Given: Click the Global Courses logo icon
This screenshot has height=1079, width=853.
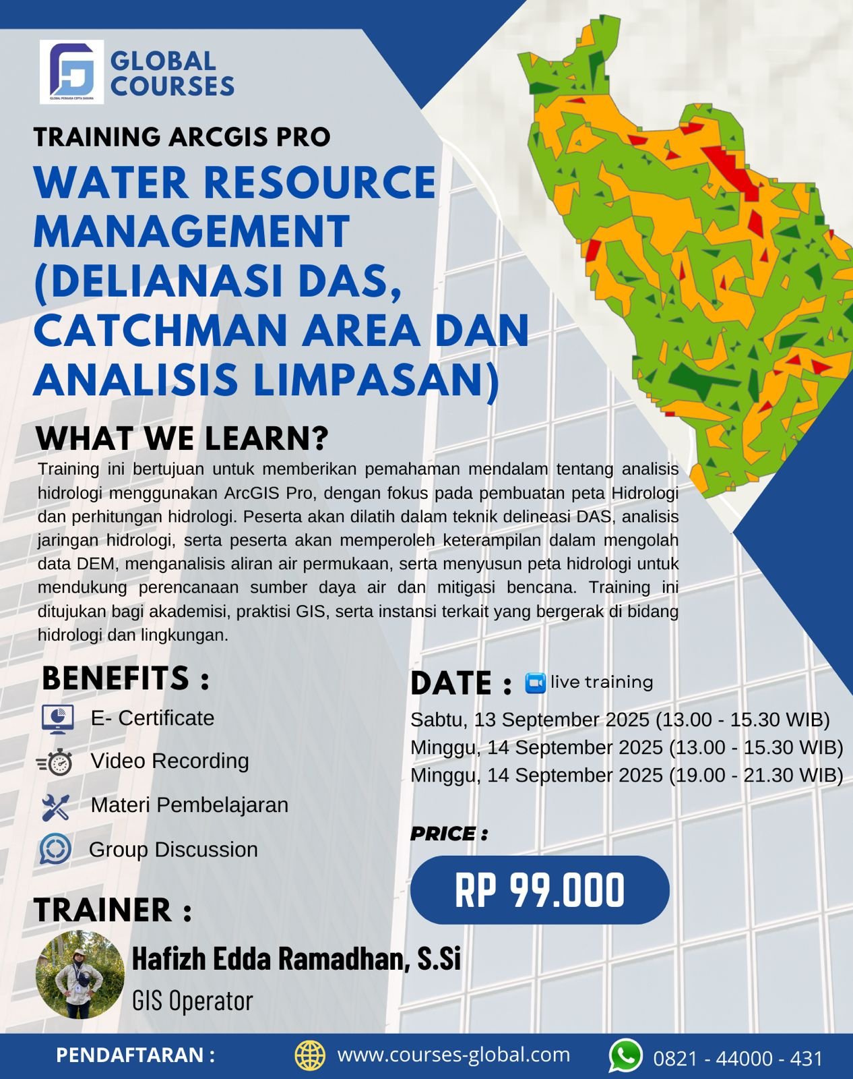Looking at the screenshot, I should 71,71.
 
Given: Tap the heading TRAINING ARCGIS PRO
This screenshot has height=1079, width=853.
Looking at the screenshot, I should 182,137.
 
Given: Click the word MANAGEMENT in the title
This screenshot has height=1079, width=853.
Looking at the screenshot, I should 191,231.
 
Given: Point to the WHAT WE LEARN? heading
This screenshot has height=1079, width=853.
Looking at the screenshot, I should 182,438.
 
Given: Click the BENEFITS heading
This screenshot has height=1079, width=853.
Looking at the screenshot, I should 125,678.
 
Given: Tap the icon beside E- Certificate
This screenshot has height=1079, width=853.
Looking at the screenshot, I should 57,719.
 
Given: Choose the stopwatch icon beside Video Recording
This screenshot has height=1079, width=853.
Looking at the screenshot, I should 56,762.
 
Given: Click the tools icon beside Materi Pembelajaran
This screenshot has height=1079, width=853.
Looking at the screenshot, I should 55,807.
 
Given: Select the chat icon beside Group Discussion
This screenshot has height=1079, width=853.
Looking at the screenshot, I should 55,850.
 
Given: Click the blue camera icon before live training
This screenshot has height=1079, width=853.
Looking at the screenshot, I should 535,683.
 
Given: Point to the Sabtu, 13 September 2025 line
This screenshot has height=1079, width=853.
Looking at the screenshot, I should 620,720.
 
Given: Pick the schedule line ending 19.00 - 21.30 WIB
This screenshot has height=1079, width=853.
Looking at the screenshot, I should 627,776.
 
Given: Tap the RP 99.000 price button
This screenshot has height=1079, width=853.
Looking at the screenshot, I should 540,890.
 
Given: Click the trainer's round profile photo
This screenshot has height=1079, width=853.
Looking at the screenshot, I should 80,974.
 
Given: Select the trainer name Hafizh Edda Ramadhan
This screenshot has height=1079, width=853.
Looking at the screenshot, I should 296,959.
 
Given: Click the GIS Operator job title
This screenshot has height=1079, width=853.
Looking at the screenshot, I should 193,1001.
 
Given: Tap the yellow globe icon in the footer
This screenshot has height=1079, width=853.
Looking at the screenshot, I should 310,1055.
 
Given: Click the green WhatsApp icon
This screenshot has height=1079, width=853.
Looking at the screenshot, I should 626,1056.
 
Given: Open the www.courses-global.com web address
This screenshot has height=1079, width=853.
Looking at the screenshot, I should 453,1055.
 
